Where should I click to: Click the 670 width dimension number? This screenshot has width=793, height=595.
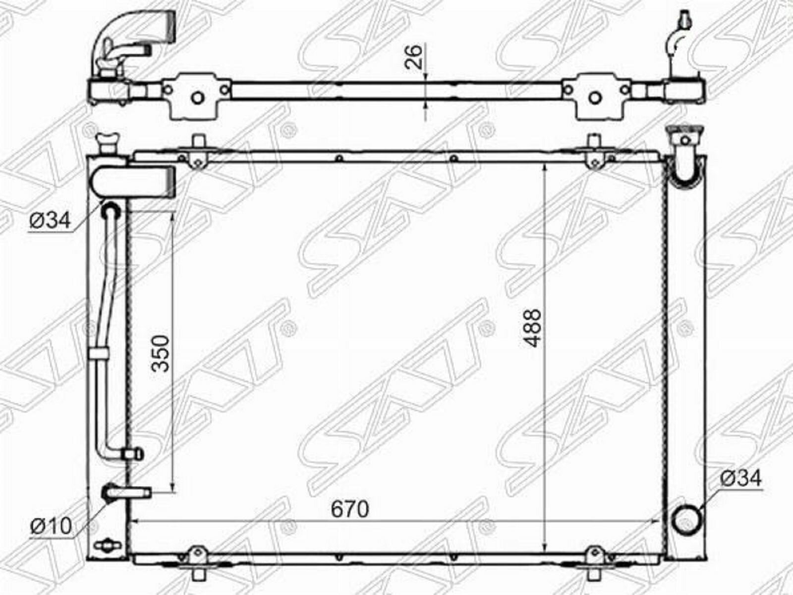point(350,509)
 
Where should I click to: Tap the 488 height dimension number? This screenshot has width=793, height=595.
point(532,328)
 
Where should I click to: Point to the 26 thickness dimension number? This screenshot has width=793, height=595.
point(414,57)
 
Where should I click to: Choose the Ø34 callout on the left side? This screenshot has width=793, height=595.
point(50,220)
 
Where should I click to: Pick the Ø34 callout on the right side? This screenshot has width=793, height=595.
point(740,478)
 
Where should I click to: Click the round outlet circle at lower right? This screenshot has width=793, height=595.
point(686,521)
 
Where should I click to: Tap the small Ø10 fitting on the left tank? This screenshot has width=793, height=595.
point(126,492)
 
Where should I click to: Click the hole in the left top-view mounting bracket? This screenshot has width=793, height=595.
point(198,98)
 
